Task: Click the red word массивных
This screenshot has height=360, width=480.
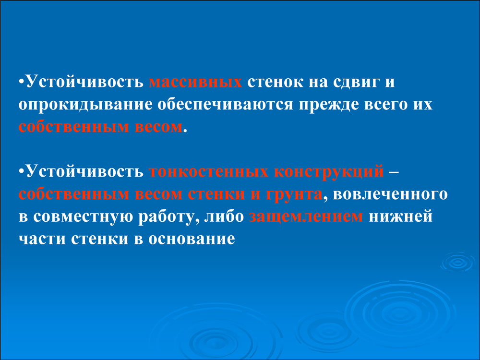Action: point(195,83)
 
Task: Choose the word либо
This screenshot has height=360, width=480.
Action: point(224,216)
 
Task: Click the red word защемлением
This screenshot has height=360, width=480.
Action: point(306,217)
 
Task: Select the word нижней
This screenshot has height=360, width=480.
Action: point(400,216)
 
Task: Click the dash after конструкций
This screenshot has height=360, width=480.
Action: point(394,172)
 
